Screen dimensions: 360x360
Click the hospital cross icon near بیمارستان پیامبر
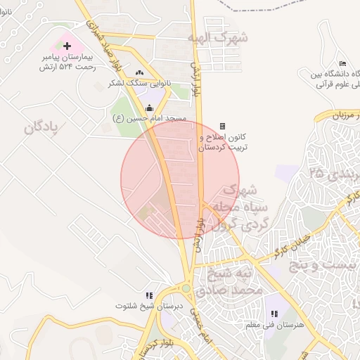click(67, 46)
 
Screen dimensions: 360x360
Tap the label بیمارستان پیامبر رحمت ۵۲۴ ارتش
click(67, 61)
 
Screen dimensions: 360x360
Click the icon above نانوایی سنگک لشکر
click(139, 72)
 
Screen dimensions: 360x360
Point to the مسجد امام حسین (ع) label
click(150, 119)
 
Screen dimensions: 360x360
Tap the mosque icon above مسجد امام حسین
click(149, 108)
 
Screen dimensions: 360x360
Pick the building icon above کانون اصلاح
click(223, 126)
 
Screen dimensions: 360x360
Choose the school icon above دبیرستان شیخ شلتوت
click(148, 296)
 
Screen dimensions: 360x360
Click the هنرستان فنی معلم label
click(269, 326)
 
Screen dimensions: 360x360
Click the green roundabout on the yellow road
click(186, 288)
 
